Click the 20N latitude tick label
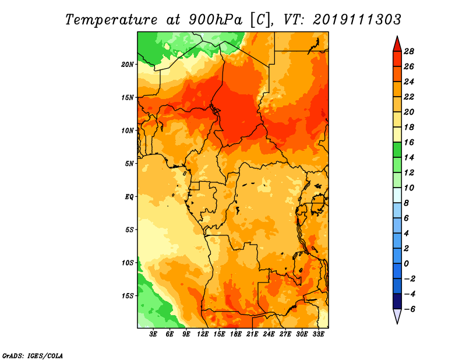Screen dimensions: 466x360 point(128,65)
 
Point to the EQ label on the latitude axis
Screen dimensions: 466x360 point(129,197)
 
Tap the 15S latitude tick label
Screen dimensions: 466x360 point(128,296)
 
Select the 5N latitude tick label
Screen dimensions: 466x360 point(129,164)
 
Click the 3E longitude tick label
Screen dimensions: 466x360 point(153,334)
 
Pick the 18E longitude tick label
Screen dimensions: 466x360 point(236,334)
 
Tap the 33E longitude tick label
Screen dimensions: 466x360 point(318,334)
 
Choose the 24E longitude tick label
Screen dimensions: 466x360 point(269,334)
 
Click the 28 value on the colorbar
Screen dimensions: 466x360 point(409,51)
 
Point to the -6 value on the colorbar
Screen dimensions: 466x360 point(409,309)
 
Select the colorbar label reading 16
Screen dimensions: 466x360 point(409,142)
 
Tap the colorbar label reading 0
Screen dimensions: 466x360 point(406,264)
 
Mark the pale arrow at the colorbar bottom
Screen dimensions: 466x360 point(397,316)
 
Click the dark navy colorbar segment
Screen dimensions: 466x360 point(397,301)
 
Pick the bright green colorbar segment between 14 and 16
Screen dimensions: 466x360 point(397,150)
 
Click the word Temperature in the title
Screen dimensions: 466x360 point(111,20)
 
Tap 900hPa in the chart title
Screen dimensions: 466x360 point(216,20)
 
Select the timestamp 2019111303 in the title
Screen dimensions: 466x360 point(357,20)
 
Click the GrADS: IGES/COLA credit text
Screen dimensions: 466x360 point(33,356)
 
